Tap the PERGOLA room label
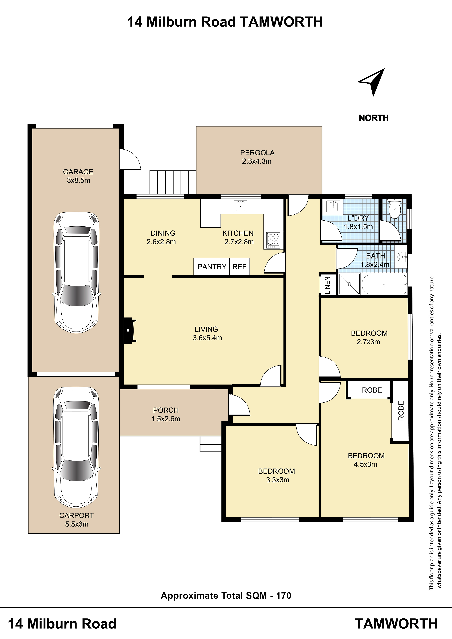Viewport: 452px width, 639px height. pos(257,153)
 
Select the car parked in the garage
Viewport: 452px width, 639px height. pos(77,273)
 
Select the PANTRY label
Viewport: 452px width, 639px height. pos(212,267)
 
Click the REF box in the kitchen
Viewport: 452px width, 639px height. pos(239,267)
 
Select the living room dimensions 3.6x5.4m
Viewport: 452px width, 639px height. pos(207,338)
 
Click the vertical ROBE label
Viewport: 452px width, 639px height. pos(401,411)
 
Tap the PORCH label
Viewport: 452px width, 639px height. pos(166,410)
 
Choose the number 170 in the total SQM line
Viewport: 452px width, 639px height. pos(284,596)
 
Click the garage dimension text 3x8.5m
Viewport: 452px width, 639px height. pos(79,180)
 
